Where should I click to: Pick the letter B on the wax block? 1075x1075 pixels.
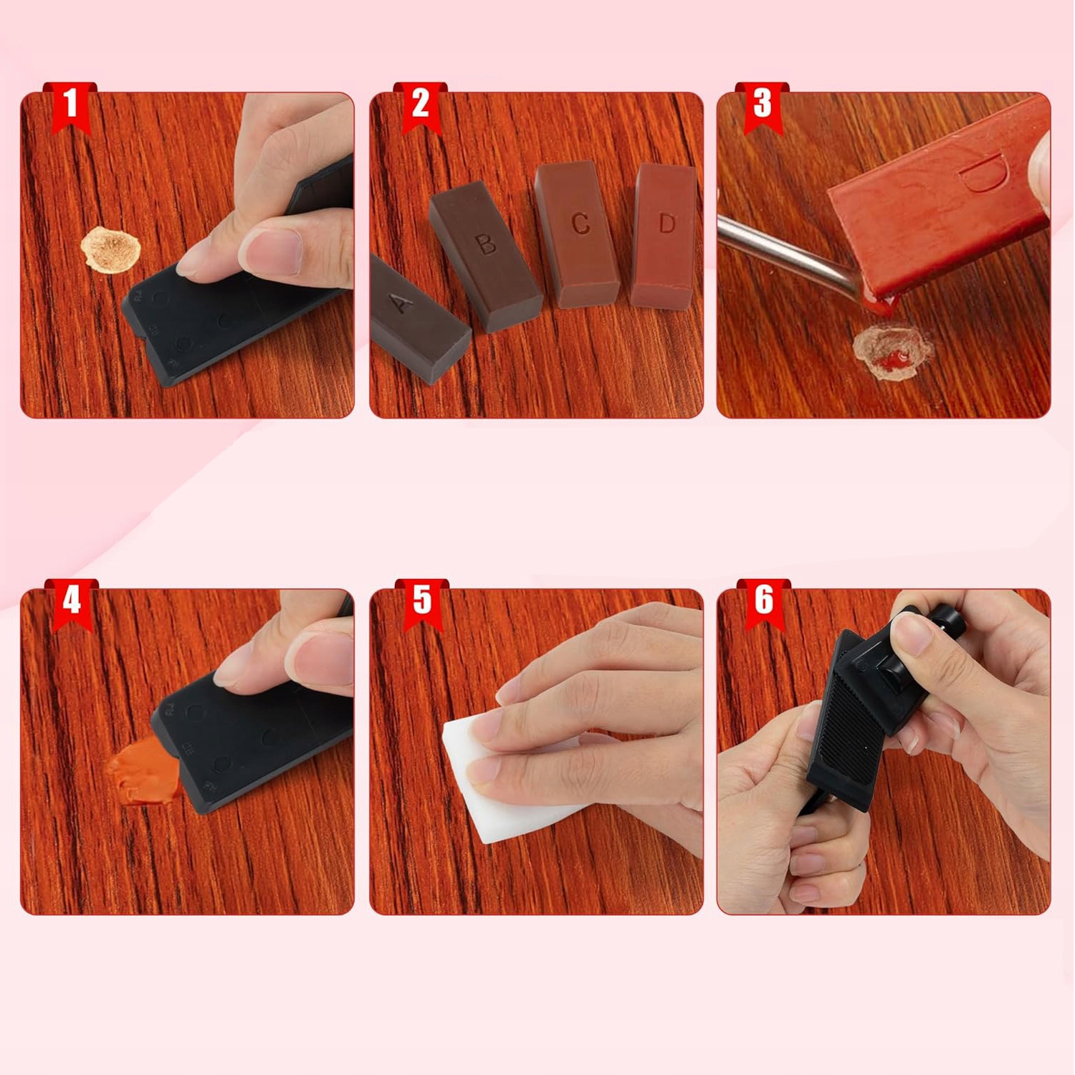pyautogui.click(x=486, y=244)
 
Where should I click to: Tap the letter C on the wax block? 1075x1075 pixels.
pyautogui.click(x=580, y=224)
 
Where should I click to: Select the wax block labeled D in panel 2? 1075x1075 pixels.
pyautogui.click(x=664, y=236)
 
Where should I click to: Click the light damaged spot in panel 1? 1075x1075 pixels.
pyautogui.click(x=110, y=249)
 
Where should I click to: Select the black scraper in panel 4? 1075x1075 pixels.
pyautogui.click(x=251, y=738)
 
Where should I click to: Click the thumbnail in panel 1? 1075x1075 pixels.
pyautogui.click(x=274, y=252)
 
